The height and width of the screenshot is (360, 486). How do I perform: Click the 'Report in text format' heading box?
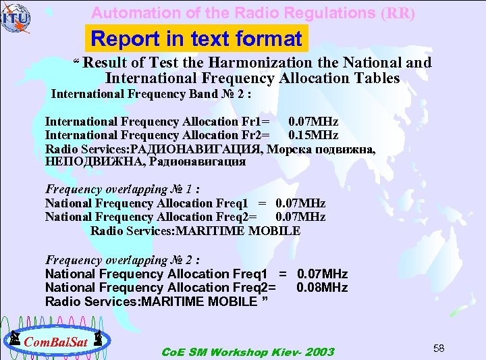[196, 39]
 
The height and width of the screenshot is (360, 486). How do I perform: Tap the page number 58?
[439, 348]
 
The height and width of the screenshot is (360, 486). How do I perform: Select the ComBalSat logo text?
[57, 342]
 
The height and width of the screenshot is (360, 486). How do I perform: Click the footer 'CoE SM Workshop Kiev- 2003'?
[248, 352]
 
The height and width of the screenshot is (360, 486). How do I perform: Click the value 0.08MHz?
[322, 287]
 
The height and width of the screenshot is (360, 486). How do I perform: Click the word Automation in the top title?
[126, 13]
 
